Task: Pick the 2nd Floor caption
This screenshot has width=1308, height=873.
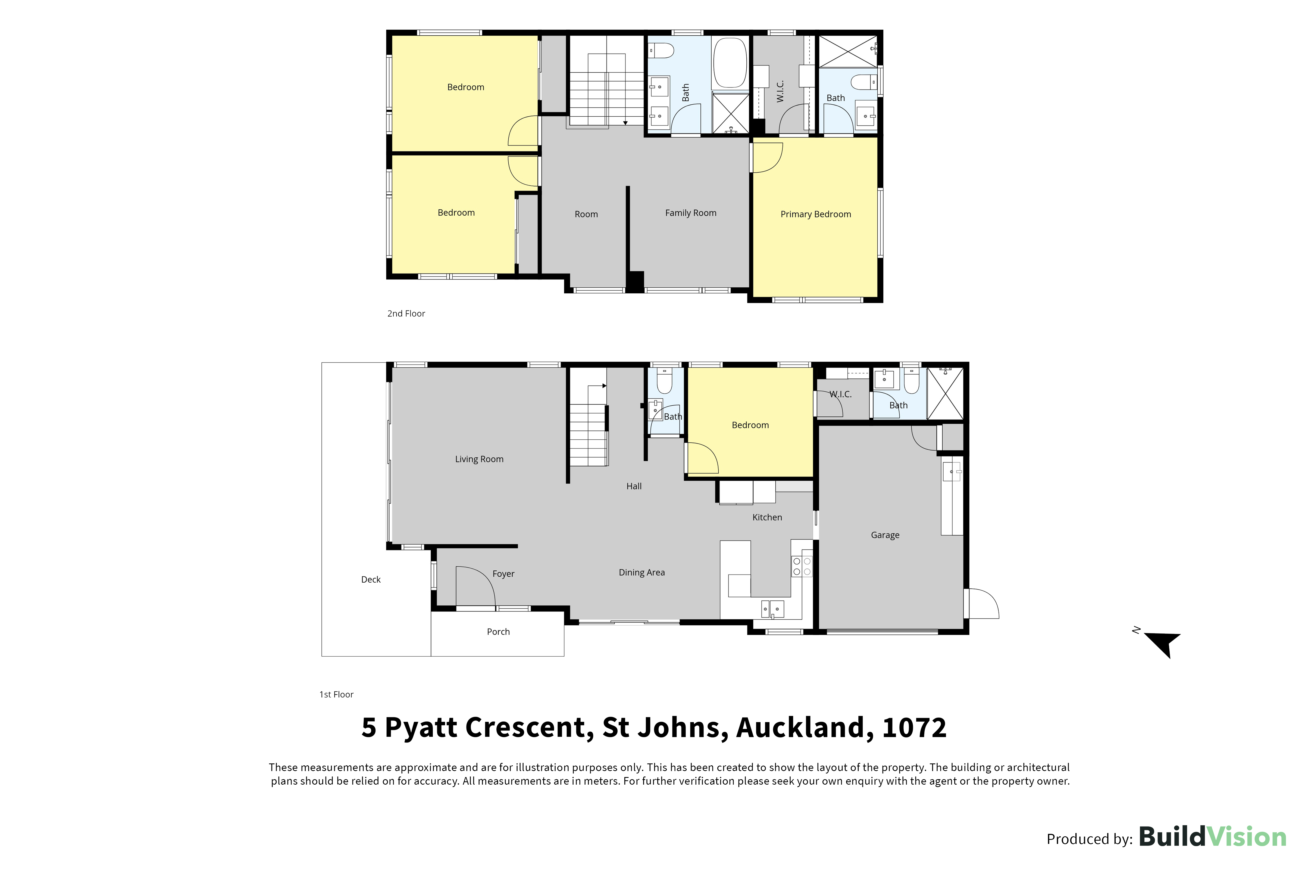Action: [x=406, y=313]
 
